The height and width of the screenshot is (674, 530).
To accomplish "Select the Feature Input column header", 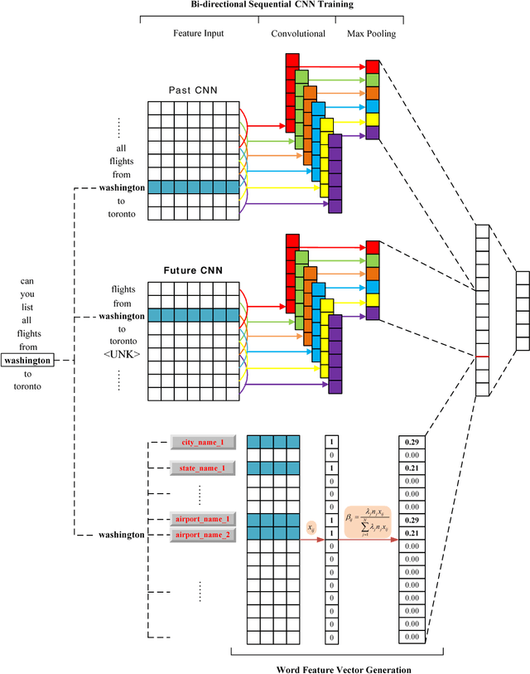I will pyautogui.click(x=198, y=33).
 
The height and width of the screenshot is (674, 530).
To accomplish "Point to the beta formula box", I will pyautogui.click(x=368, y=528).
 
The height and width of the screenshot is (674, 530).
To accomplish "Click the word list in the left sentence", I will pyautogui.click(x=27, y=307).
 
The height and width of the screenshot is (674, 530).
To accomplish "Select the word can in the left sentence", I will pyautogui.click(x=27, y=281).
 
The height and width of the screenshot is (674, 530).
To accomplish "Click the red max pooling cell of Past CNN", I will pyautogui.click(x=373, y=66).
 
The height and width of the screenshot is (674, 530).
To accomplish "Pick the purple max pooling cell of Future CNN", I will pyautogui.click(x=373, y=313).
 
